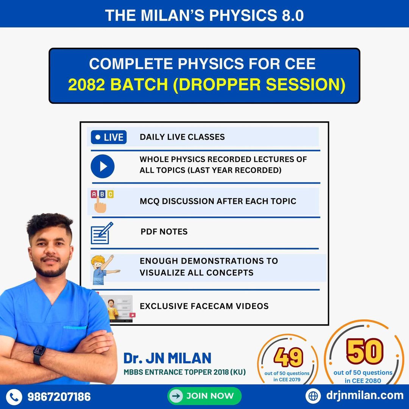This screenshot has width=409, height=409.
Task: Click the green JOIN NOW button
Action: pos(204,396)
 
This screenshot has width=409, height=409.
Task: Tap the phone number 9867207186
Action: pos(59,397)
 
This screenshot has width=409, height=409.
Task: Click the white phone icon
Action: pos(14,397)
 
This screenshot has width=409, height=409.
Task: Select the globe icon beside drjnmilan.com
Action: pos(313,396)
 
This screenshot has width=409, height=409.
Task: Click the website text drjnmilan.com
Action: pos(364,396)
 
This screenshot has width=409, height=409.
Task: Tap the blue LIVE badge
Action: pos(109,137)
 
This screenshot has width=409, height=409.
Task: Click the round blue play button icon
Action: pos(102,166)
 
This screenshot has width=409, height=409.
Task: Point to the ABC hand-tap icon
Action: pos(101,201)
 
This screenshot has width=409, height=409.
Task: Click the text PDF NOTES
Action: pos(164,232)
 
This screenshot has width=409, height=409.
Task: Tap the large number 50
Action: pos(365,351)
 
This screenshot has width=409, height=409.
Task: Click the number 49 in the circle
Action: pos(288,357)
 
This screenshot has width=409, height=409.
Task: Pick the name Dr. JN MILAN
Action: pos(167,358)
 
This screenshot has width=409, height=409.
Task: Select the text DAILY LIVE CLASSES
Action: pos(182,137)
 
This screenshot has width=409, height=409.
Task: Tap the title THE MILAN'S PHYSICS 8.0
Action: pos(204,15)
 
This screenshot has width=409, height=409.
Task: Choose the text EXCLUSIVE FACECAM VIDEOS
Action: pos(204,306)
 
